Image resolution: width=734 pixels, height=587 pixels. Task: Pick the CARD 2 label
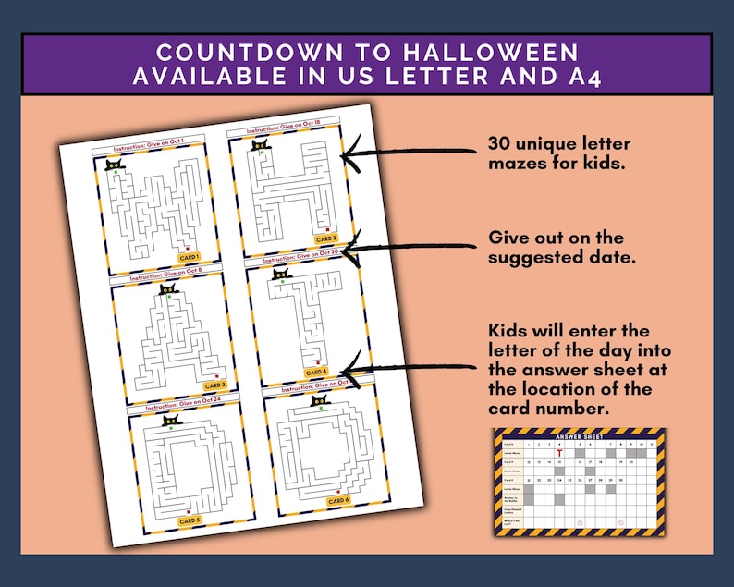point(326,238)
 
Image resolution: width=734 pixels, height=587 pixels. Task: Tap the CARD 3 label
point(214,385)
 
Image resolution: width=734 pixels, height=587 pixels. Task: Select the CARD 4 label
point(316,372)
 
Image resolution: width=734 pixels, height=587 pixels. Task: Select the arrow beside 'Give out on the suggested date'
point(407,246)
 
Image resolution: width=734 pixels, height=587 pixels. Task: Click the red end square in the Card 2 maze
point(328,226)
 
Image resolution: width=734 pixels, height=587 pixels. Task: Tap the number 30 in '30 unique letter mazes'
point(500,145)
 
